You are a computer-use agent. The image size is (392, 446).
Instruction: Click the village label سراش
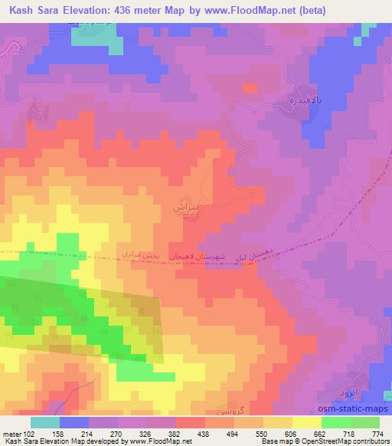pos(189,206)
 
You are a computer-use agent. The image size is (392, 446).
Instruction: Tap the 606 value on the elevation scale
pos(291,434)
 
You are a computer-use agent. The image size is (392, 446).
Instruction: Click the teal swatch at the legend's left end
pos(44,422)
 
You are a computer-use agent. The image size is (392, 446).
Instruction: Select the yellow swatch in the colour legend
pos(306,422)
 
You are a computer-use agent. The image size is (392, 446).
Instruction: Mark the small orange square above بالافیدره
pos(250,88)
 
